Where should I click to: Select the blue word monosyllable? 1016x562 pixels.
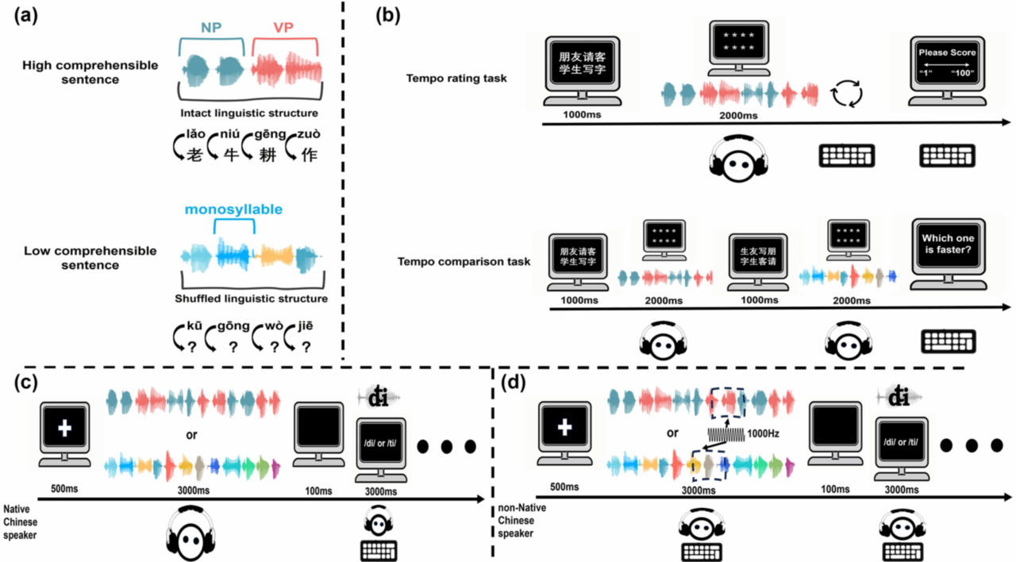click(x=233, y=210)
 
